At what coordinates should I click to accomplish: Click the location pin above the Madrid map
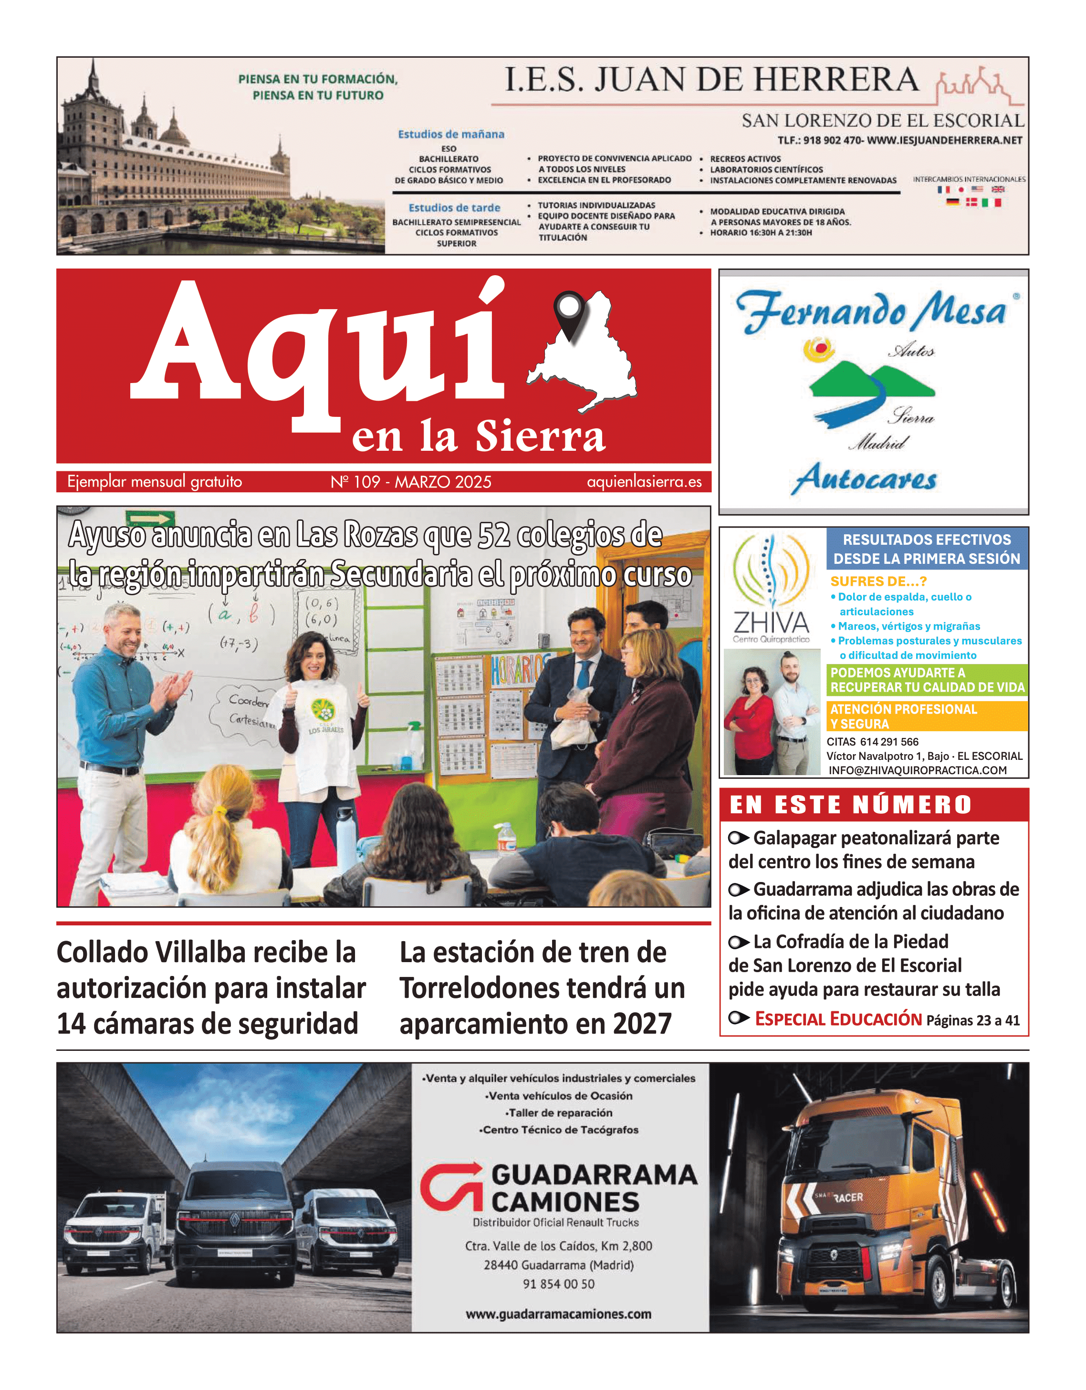pyautogui.click(x=568, y=310)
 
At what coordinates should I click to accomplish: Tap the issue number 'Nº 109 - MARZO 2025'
pyautogui.click(x=411, y=482)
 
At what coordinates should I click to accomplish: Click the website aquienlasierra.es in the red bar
pyautogui.click(x=644, y=482)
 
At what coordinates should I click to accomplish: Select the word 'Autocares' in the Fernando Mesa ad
pyautogui.click(x=863, y=478)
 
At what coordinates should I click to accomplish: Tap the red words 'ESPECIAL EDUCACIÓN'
pyautogui.click(x=838, y=1019)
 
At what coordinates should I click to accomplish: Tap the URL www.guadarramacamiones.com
pyautogui.click(x=558, y=1314)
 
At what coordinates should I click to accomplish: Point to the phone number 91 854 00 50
pyautogui.click(x=558, y=1284)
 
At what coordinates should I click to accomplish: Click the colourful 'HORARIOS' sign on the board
pyautogui.click(x=516, y=670)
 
